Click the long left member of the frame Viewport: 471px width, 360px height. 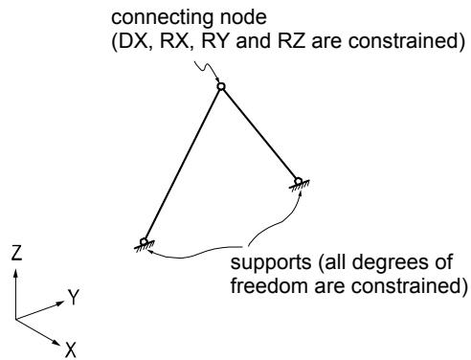point(183,164)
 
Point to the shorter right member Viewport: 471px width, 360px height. point(259,134)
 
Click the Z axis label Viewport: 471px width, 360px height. point(16,253)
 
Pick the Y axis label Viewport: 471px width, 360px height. point(74,297)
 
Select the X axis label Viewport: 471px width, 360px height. point(71,349)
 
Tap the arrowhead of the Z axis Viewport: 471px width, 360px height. point(15,273)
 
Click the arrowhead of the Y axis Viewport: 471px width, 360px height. point(60,303)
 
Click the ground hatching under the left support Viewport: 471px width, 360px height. point(145,246)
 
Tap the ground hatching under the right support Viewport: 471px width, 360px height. point(300,186)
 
